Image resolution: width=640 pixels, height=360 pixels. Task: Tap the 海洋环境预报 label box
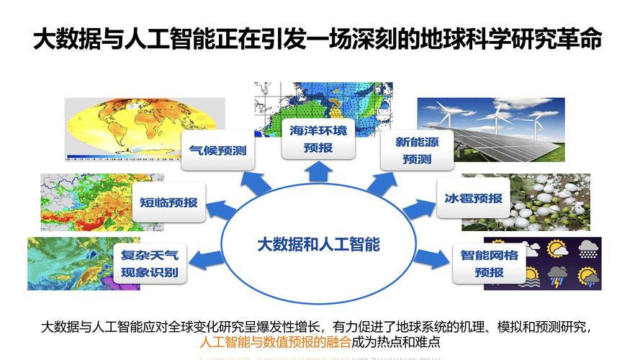point(318,139)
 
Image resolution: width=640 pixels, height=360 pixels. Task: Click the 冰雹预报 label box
point(469,198)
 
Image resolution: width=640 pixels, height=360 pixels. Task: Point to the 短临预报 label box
point(168,202)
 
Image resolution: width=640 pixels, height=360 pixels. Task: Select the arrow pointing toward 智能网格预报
point(433,256)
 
